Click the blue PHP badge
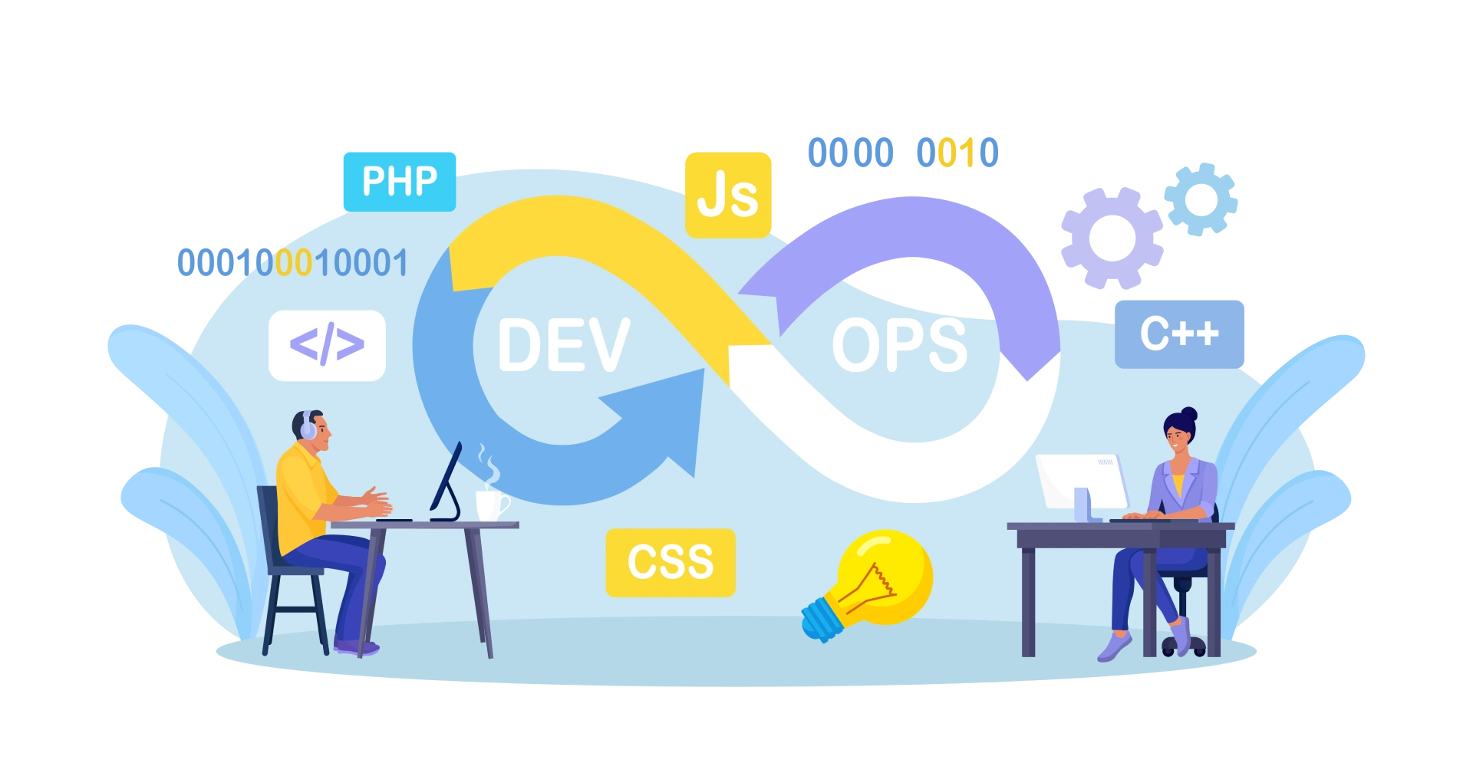click(x=399, y=182)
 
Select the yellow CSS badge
click(x=671, y=562)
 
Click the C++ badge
click(x=1179, y=334)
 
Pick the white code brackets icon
click(x=327, y=345)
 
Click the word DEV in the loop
click(x=564, y=346)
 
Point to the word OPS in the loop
click(x=899, y=346)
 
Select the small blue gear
click(x=1201, y=199)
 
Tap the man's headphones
click(x=308, y=426)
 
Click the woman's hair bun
click(x=1188, y=414)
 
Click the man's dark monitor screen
click(x=447, y=479)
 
